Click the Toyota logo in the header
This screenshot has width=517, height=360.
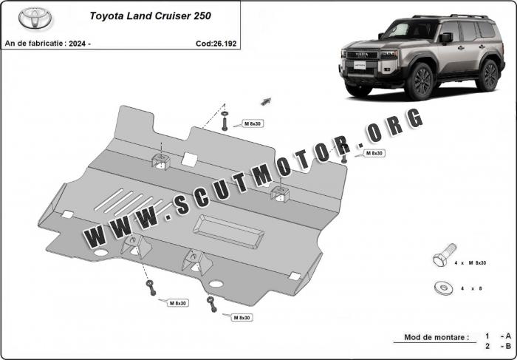click(x=35, y=18)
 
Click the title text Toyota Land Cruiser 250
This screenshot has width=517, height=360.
click(x=151, y=16)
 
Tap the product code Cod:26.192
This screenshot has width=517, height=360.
click(x=216, y=44)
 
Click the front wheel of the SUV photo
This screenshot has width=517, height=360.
click(x=420, y=81)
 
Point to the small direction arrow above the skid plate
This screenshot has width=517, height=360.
click(x=266, y=101)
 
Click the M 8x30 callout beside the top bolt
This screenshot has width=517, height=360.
click(x=253, y=123)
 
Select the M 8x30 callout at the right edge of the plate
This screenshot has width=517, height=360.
click(x=374, y=153)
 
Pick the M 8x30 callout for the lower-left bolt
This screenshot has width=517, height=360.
click(x=178, y=303)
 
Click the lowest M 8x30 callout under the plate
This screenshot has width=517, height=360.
click(x=242, y=317)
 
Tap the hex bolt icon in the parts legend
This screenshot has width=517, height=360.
click(x=444, y=255)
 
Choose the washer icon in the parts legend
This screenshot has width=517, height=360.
click(x=444, y=288)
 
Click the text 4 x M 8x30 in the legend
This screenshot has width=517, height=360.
click(x=470, y=263)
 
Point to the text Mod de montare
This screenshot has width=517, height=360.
click(x=436, y=337)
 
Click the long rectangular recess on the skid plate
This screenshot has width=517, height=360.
click(x=228, y=231)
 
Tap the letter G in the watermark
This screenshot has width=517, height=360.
click(x=414, y=118)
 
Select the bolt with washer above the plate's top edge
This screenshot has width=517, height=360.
click(x=225, y=120)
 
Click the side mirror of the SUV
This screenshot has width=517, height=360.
click(x=446, y=37)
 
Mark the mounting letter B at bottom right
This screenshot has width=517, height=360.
click(x=508, y=346)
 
